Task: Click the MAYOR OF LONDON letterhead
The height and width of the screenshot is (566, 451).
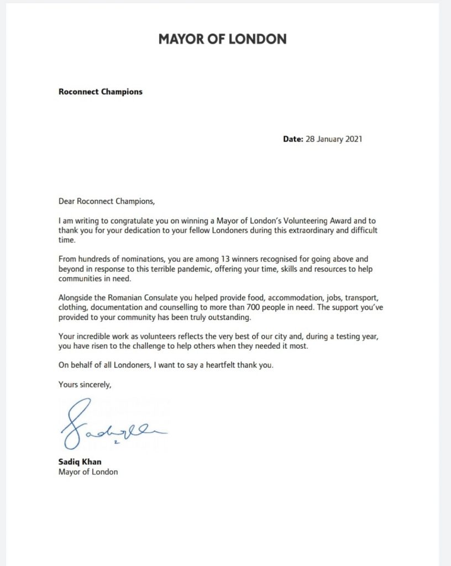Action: click(222, 39)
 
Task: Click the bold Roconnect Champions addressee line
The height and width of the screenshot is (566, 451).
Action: click(100, 92)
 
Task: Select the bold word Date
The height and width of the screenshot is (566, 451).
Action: click(293, 139)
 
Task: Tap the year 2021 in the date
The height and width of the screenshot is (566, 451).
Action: click(352, 139)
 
